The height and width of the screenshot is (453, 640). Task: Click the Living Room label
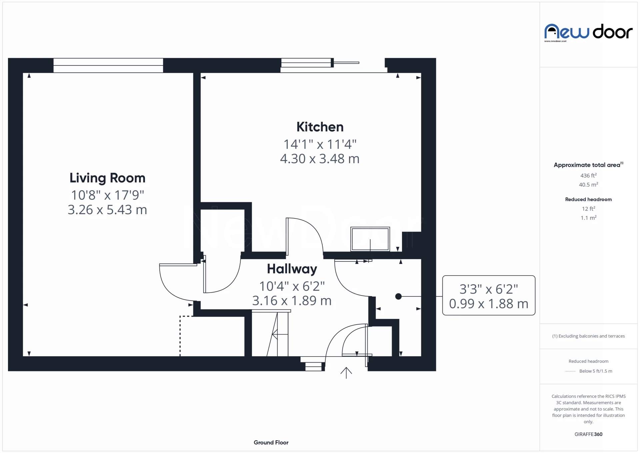[x=107, y=178]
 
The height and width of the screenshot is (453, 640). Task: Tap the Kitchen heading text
[x=320, y=127]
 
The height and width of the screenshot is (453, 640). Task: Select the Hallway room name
[x=292, y=269]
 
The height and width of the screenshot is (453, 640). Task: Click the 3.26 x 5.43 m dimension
[x=107, y=210]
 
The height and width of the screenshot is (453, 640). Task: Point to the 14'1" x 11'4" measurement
[x=320, y=144]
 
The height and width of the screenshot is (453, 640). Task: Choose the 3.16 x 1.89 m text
[x=292, y=301]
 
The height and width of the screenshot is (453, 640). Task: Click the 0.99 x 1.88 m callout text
[x=488, y=304]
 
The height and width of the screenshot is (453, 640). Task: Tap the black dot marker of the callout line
[x=398, y=296]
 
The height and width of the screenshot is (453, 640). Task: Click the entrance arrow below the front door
[x=346, y=373]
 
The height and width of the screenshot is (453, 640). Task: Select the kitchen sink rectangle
[x=370, y=239]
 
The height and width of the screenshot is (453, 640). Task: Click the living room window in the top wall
[x=108, y=65]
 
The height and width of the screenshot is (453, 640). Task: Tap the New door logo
[x=588, y=32]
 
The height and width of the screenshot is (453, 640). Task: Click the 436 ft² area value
[x=588, y=175]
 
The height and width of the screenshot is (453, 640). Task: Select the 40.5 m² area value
[x=588, y=184]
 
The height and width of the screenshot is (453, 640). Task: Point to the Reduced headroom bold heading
[x=588, y=199]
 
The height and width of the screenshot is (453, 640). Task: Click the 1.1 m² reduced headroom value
[x=588, y=218]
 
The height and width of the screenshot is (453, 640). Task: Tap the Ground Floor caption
[x=271, y=442]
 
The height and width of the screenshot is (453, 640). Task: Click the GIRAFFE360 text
[x=588, y=434]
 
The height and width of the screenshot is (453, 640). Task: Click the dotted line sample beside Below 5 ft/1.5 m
[x=570, y=371]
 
